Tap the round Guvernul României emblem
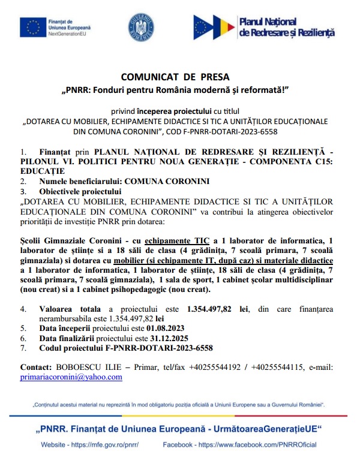pyautogui.click(x=140, y=26)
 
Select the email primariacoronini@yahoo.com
pyautogui.click(x=71, y=377)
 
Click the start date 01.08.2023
pyautogui.click(x=163, y=329)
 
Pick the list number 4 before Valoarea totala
pyautogui.click(x=23, y=309)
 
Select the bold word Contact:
pyautogui.click(x=36, y=367)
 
